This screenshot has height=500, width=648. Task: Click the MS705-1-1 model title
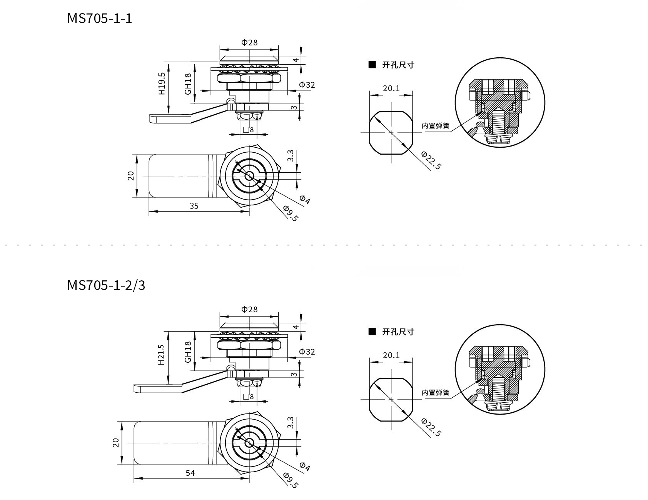tap(99, 18)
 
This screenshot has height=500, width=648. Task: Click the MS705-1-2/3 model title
tap(106, 285)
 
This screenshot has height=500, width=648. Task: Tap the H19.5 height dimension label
tap(161, 83)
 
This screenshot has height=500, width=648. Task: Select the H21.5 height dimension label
tap(161, 354)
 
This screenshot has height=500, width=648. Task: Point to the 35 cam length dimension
tap(194, 206)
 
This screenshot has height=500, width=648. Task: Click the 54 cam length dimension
tap(190, 473)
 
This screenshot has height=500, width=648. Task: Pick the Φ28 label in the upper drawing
tap(249, 42)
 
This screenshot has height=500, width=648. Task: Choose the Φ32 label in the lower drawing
tap(307, 352)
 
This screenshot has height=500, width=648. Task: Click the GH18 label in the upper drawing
tap(188, 84)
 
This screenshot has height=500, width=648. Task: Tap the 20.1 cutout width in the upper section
tap(391, 88)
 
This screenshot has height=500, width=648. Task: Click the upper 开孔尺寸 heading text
tap(398, 65)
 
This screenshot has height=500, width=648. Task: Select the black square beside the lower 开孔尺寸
tap(372, 332)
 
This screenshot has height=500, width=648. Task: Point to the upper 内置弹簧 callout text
tap(435, 126)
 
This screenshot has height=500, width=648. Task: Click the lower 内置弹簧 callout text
tap(435, 393)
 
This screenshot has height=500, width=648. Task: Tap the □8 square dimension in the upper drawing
tap(249, 130)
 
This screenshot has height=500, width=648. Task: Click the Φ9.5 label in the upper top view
tap(291, 213)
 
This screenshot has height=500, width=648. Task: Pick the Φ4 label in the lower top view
tap(304, 467)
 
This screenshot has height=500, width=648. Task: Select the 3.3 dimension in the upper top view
tap(291, 156)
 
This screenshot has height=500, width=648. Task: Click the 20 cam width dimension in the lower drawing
tap(116, 443)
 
